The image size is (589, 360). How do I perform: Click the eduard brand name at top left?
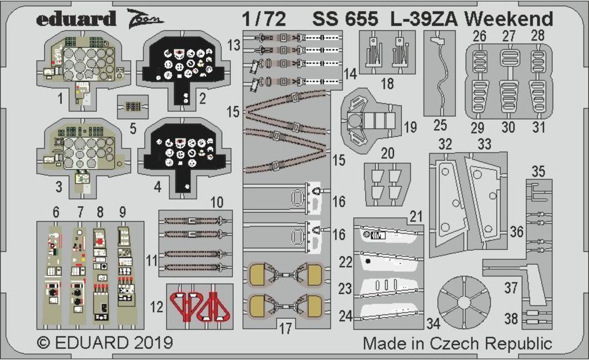pos(75,19)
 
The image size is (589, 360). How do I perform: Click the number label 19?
pos(410,127)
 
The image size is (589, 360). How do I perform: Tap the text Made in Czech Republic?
pos(457,344)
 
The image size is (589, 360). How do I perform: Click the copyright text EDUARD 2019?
pos(104,344)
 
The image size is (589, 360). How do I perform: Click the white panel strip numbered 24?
pos(389,317)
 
